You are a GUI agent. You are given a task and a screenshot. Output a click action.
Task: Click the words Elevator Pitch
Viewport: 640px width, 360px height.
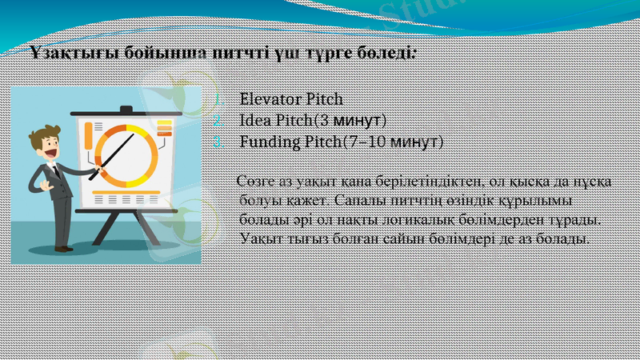(x=291, y=100)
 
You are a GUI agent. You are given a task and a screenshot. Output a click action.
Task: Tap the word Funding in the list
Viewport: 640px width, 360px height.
(x=267, y=142)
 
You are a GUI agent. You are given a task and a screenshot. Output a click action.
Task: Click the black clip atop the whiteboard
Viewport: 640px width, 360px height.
(x=126, y=109)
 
